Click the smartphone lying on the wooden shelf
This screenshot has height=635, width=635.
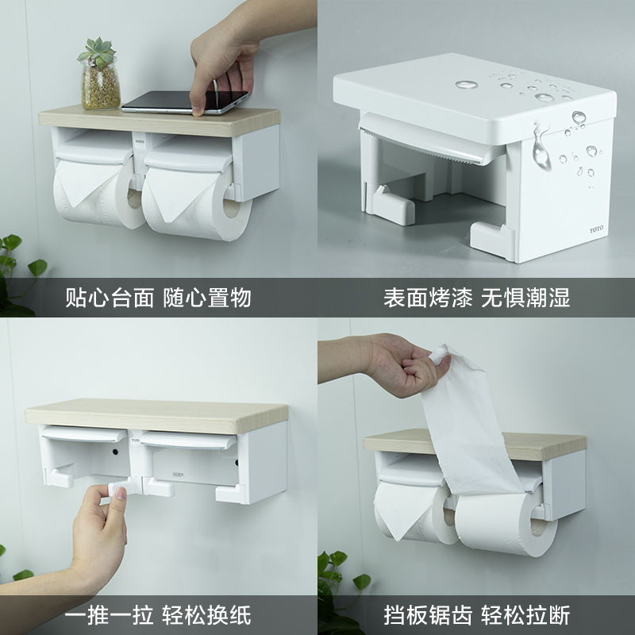pos(184,102)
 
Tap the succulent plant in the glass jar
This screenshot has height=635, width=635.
pos(97,52)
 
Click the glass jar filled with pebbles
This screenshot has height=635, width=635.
pos(101,87)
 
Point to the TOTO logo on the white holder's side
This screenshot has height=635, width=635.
pos(596,229)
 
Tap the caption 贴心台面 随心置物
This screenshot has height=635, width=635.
pos(158,298)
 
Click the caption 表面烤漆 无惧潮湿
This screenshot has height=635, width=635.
pos(477,298)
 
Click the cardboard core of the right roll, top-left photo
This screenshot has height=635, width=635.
pos(232,207)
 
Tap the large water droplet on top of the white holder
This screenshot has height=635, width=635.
pos(466,85)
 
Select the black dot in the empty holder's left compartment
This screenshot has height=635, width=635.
pos(115,452)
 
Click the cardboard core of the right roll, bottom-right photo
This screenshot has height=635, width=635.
pos(539,525)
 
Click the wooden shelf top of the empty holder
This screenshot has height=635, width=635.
pos(156,414)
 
